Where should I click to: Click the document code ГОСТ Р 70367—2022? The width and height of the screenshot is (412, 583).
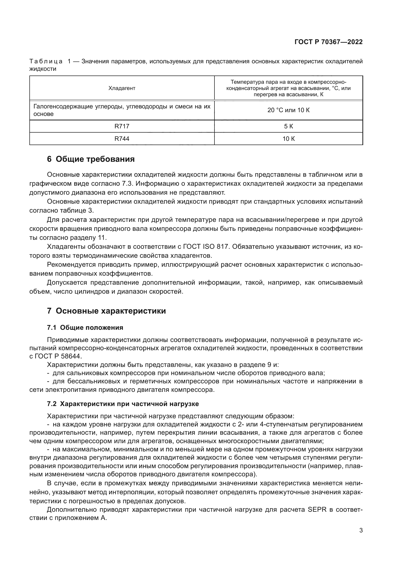coord(329,42)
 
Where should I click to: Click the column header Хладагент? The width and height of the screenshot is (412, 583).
coord(122,88)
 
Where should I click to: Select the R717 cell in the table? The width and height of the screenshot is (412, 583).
coord(122,126)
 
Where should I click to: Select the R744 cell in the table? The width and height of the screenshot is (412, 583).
coord(122,139)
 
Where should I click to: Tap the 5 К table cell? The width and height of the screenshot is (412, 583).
coord(288,126)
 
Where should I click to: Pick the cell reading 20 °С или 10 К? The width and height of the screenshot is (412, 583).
coord(288,110)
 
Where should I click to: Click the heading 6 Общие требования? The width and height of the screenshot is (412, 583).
coord(91,159)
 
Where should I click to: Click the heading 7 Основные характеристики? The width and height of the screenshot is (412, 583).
coord(106,311)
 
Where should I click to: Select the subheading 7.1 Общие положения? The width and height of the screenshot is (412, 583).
coord(85,328)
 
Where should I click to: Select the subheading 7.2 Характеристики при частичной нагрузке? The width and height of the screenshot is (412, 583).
coord(123,404)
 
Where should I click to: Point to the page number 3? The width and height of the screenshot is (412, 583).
coord(361,530)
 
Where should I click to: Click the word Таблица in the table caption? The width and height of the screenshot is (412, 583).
coord(46,62)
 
